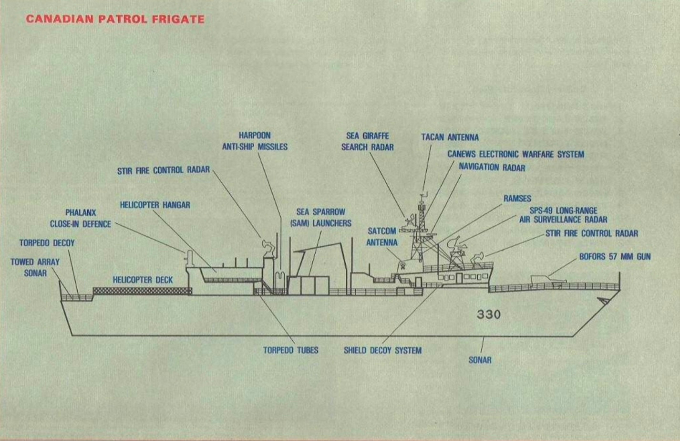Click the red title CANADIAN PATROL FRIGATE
[115, 19]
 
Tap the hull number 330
[489, 314]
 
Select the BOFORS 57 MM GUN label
[615, 257]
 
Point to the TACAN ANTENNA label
[450, 137]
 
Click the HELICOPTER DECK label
[143, 280]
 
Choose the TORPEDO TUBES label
[290, 350]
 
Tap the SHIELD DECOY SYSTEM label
[382, 350]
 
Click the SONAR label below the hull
[480, 360]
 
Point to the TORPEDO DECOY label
[47, 243]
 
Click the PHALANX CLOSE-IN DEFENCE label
[81, 218]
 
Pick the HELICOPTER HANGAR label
[155, 205]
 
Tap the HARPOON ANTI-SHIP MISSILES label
[255, 141]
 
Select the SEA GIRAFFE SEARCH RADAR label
[367, 141]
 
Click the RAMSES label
[517, 199]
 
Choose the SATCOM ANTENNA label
[381, 237]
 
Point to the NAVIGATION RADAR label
[492, 168]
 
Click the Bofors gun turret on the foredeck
[544, 279]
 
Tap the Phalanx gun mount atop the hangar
[189, 257]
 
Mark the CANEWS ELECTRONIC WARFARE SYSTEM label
[515, 154]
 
